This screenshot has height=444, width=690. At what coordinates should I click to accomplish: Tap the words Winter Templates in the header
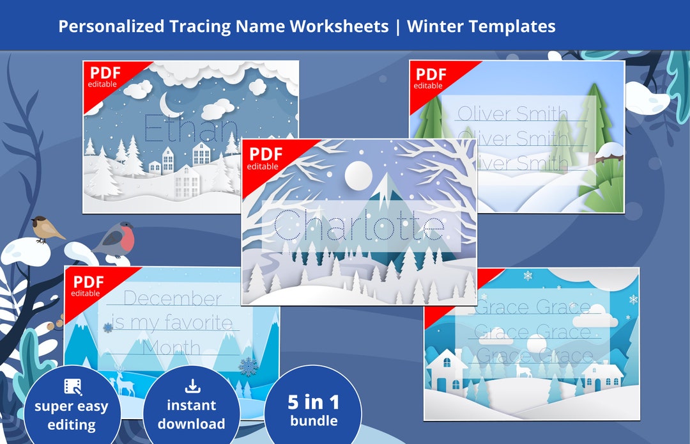[481, 26]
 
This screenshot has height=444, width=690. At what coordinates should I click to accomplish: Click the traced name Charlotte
[358, 226]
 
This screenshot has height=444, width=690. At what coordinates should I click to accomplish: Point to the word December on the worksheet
[172, 298]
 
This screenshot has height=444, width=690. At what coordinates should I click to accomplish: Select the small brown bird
[46, 227]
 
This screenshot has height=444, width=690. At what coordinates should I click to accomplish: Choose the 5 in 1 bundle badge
[312, 409]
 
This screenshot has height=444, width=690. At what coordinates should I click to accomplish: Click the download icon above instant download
[191, 386]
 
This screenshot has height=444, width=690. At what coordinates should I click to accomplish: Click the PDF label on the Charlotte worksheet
[266, 154]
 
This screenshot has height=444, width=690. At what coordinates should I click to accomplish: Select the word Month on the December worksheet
[171, 348]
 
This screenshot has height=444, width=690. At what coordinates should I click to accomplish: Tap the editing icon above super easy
[72, 386]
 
